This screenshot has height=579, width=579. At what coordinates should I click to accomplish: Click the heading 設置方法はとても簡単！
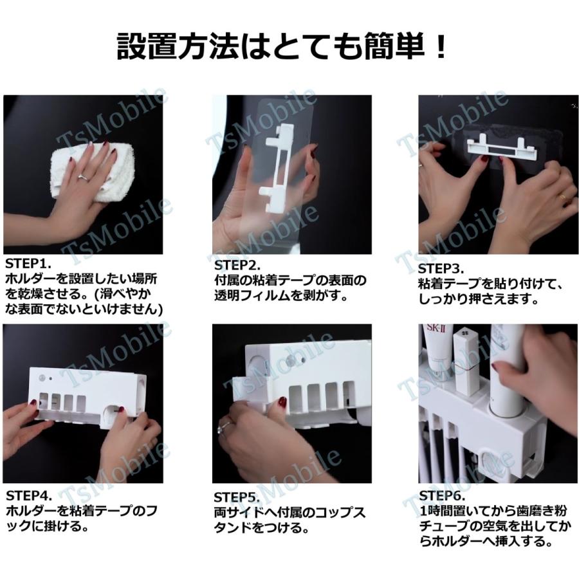tap(281, 47)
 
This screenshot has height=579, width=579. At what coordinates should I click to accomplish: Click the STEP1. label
tap(28, 264)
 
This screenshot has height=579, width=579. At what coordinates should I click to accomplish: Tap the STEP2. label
tap(237, 265)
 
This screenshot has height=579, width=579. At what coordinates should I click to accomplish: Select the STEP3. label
tap(441, 268)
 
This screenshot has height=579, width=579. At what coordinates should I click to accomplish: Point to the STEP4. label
tap(29, 495)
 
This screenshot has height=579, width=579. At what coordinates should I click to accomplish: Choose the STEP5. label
tap(237, 497)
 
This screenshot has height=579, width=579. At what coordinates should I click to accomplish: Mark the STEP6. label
tap(443, 495)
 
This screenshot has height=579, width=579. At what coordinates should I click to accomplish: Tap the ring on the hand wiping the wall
tap(83, 178)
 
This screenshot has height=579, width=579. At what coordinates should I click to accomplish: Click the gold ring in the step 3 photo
tap(562, 197)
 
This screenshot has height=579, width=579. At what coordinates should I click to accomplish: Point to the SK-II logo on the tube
tap(436, 328)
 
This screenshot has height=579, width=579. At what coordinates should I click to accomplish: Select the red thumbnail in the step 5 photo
tap(282, 402)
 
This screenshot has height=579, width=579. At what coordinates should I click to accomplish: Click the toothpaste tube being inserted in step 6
tap(507, 369)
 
